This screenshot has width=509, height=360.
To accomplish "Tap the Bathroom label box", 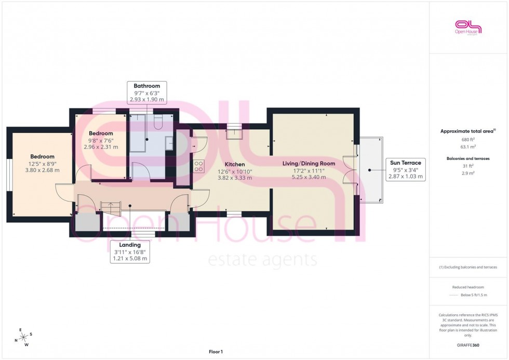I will point(146,92).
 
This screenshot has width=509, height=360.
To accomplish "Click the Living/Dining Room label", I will point(309,163).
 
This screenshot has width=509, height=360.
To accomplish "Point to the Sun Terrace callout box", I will point(406,169).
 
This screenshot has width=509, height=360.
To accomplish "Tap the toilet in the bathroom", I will point(159,122).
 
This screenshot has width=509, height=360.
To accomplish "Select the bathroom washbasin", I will point(169,143).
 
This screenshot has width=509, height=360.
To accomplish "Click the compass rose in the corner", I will point(24,337).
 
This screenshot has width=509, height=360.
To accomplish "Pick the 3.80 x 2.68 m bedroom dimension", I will point(42,170).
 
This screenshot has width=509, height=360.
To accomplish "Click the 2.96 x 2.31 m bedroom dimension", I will point(101,147).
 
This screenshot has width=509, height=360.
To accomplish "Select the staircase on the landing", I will point(110,208).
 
